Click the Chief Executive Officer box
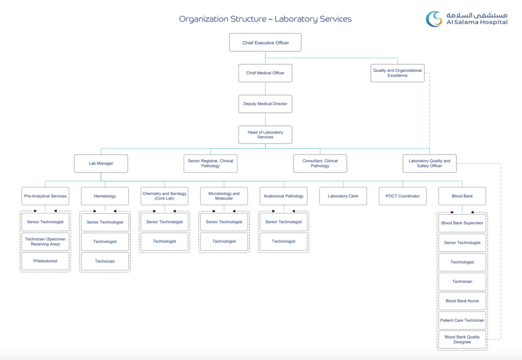(265, 43)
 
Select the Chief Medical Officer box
(265, 73)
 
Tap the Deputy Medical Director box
(265, 104)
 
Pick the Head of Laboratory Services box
(265, 135)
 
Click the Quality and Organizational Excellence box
(397, 73)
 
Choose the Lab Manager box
(100, 164)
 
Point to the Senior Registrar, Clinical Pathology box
(210, 164)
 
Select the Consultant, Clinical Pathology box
(320, 164)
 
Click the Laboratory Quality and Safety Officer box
(429, 164)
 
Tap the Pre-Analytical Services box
(45, 196)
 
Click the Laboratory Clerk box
(343, 196)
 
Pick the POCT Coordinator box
(402, 196)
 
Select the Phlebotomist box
(45, 261)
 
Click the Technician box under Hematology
(105, 262)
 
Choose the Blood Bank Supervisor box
(462, 223)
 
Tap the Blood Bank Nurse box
(462, 301)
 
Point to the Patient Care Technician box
(462, 321)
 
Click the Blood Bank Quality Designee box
(462, 340)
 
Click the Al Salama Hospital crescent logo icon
(435, 19)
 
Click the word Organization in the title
(202, 19)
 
